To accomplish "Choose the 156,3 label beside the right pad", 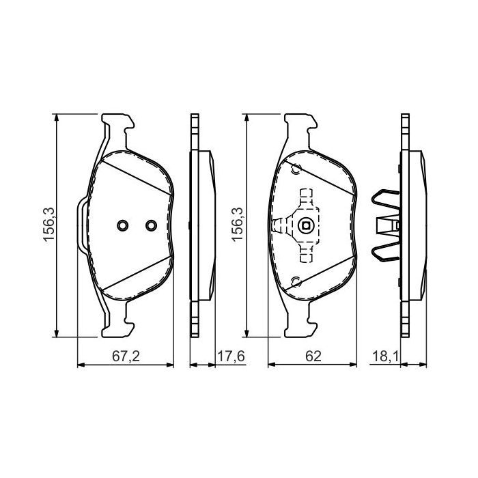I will click(x=237, y=225).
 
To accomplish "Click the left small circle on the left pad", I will click(x=122, y=226).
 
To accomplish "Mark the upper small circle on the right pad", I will click(x=296, y=170).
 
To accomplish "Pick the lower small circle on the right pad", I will click(x=296, y=281).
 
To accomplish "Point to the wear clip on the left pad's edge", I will click(x=81, y=225).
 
